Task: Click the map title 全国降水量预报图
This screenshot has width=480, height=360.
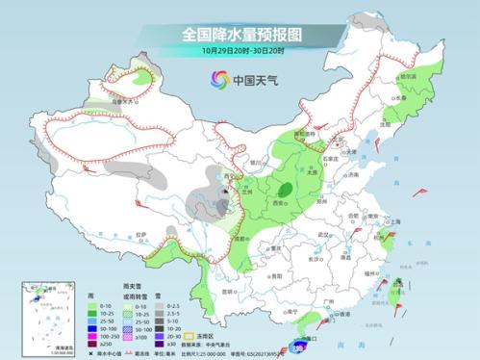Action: [x=240, y=34]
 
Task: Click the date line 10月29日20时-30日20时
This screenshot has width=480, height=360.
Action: [x=240, y=50]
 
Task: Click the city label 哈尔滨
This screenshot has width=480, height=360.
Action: [x=408, y=75]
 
